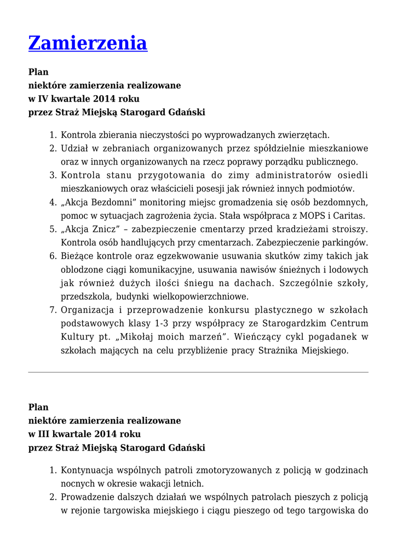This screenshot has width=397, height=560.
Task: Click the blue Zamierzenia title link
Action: click(x=88, y=43)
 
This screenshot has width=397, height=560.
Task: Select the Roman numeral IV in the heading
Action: click(x=43, y=99)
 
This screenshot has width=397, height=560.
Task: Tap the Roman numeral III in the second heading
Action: click(x=44, y=434)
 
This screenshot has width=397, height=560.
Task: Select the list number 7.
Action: click(x=53, y=310)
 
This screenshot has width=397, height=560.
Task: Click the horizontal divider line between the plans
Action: click(x=198, y=372)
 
